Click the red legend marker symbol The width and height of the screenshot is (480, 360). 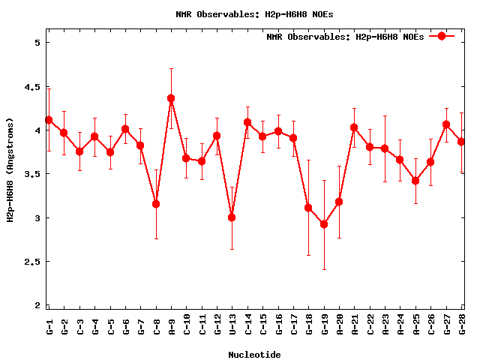click(442, 36)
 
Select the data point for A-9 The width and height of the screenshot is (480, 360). click(171, 98)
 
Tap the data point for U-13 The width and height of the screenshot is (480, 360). click(232, 217)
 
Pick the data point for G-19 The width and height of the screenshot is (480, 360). click(324, 224)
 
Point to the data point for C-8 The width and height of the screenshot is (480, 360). click(156, 204)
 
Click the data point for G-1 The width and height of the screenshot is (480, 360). click(49, 120)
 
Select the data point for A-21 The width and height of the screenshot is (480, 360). click(354, 127)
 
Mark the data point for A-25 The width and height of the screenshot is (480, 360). click(415, 181)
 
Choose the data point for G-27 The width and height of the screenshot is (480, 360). click(446, 124)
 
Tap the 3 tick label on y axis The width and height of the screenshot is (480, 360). click(36, 218)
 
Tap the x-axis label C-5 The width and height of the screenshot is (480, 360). click(111, 326)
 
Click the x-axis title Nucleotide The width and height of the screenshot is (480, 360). click(255, 355)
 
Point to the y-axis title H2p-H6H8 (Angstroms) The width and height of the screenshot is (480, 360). click(10, 169)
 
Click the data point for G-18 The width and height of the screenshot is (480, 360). click(308, 208)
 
